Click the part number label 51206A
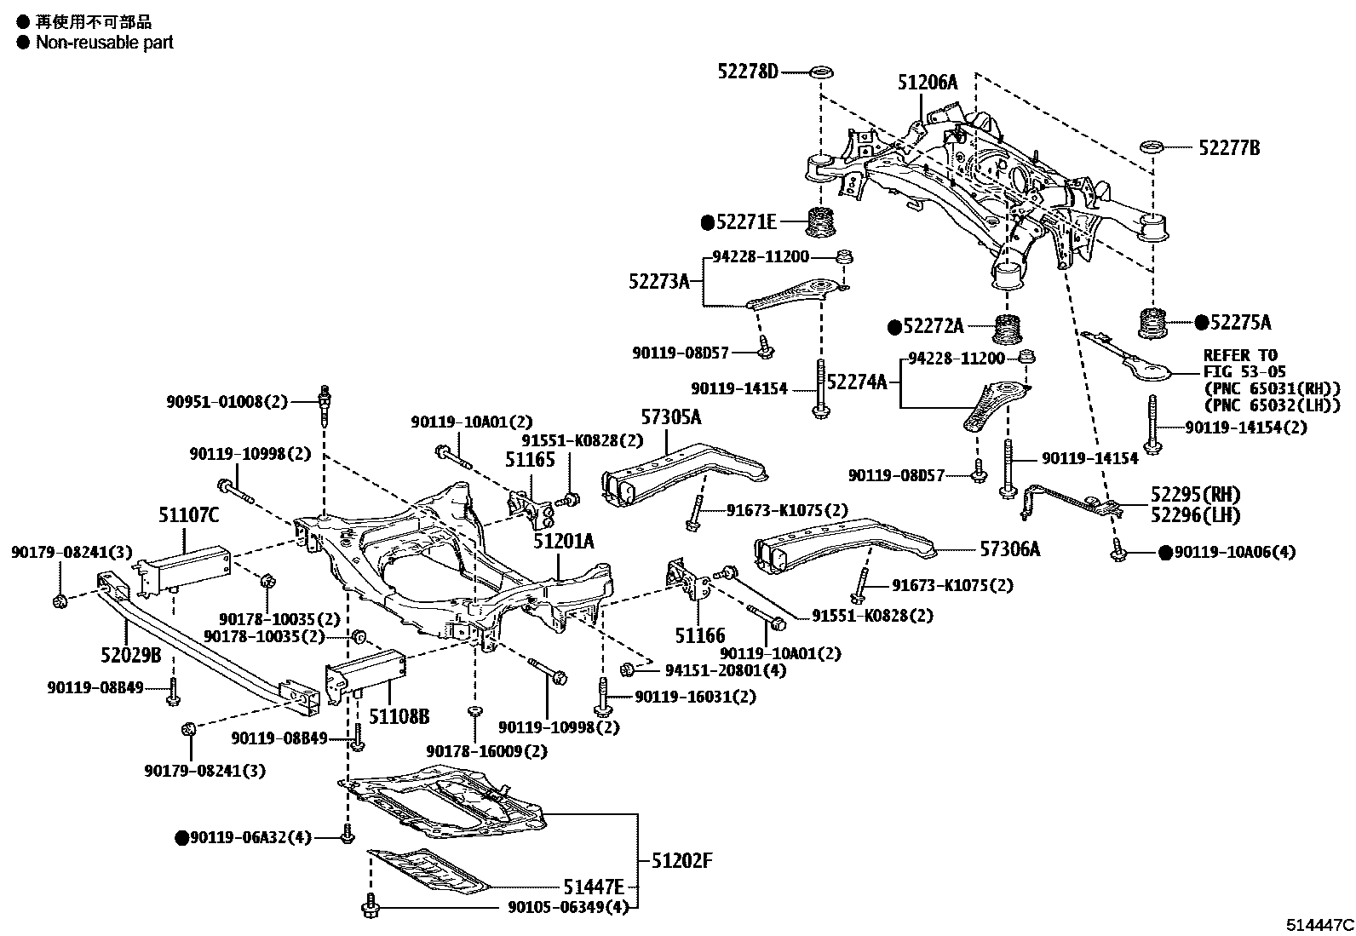coord(927,83)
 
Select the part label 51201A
coord(564,541)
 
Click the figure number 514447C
coord(1319,925)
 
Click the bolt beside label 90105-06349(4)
coord(370,908)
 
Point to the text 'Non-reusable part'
coord(104,42)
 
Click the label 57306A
coord(1009,549)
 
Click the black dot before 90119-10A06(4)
coord(1165,553)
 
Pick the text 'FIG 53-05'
coord(1244,371)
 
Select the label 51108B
coord(399,715)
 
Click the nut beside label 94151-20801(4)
coord(628,669)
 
